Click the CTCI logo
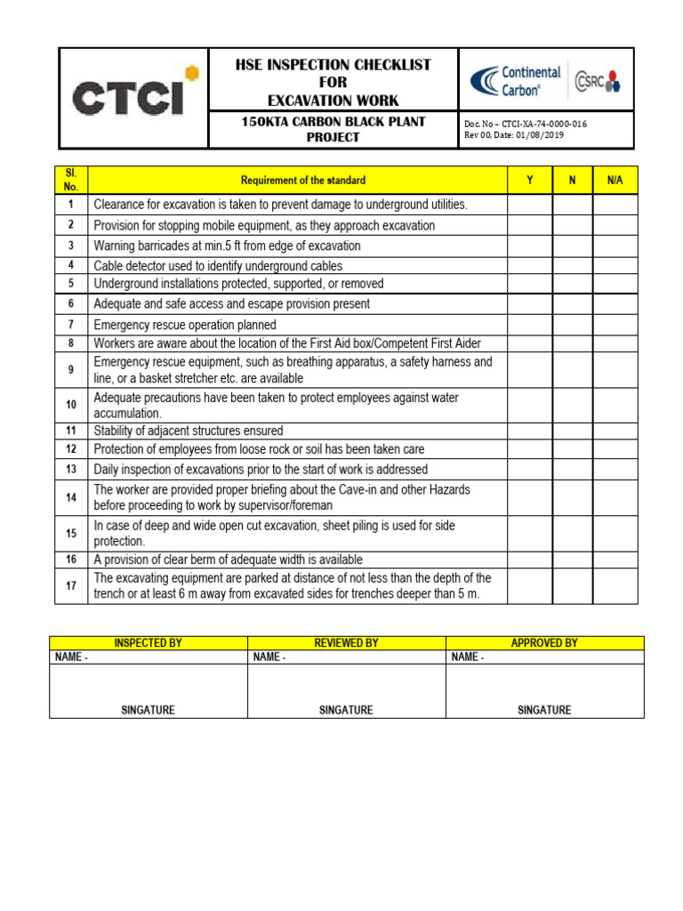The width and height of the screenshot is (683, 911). [x=133, y=97]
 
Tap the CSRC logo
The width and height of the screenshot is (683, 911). [x=597, y=82]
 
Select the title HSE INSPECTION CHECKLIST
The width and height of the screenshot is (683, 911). [x=333, y=65]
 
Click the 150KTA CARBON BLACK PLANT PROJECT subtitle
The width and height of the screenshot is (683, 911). [x=333, y=129]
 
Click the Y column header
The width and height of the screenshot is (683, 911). [x=530, y=181]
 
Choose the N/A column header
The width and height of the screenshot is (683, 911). [x=615, y=181]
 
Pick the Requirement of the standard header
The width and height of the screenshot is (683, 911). [x=297, y=181]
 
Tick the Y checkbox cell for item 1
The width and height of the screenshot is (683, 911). [x=530, y=206]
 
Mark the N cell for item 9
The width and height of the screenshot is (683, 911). [x=573, y=370]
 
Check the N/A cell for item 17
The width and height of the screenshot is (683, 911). [x=615, y=586]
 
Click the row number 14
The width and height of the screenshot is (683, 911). [x=71, y=497]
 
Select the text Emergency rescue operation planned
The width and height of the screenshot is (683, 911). [x=185, y=325]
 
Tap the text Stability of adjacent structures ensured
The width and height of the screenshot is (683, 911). [x=189, y=431]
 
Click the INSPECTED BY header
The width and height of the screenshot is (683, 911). [x=149, y=642]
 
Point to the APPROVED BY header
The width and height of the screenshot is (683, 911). [x=544, y=642]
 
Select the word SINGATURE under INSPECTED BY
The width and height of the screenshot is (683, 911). [x=149, y=710]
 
